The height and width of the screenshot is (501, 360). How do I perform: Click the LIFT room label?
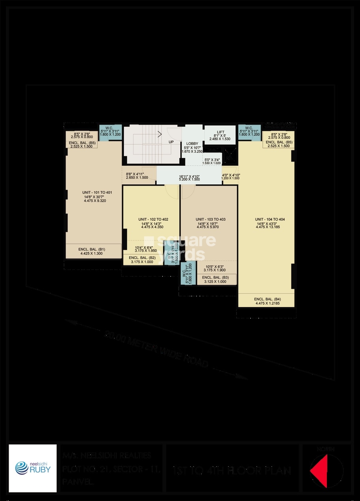tap(220, 132)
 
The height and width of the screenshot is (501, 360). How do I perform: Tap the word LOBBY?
tap(192, 143)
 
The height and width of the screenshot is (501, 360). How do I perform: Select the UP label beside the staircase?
tap(171, 141)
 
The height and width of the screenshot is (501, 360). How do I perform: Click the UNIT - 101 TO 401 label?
tap(95, 193)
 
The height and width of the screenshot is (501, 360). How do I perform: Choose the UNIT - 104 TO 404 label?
tap(270, 219)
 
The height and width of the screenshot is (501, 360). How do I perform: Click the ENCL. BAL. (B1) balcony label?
tap(92, 249)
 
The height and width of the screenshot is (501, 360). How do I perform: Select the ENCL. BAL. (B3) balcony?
tap(215, 278)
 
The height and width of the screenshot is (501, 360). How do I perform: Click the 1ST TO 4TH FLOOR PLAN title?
tap(232, 471)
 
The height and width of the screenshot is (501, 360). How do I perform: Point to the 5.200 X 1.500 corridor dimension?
tap(189, 179)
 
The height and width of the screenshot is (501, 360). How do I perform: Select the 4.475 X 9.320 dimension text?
tap(95, 201)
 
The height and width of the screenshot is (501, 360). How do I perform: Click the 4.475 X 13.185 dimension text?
tap(270, 227)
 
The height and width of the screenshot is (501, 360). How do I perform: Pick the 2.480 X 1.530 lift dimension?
tap(220, 139)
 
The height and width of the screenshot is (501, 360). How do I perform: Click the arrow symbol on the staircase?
tap(160, 134)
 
